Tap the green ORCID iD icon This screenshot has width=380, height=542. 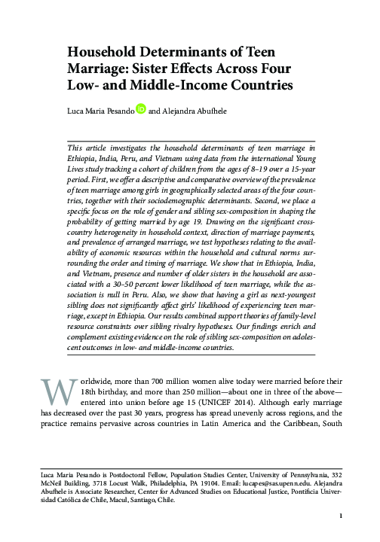(x=140, y=109)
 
